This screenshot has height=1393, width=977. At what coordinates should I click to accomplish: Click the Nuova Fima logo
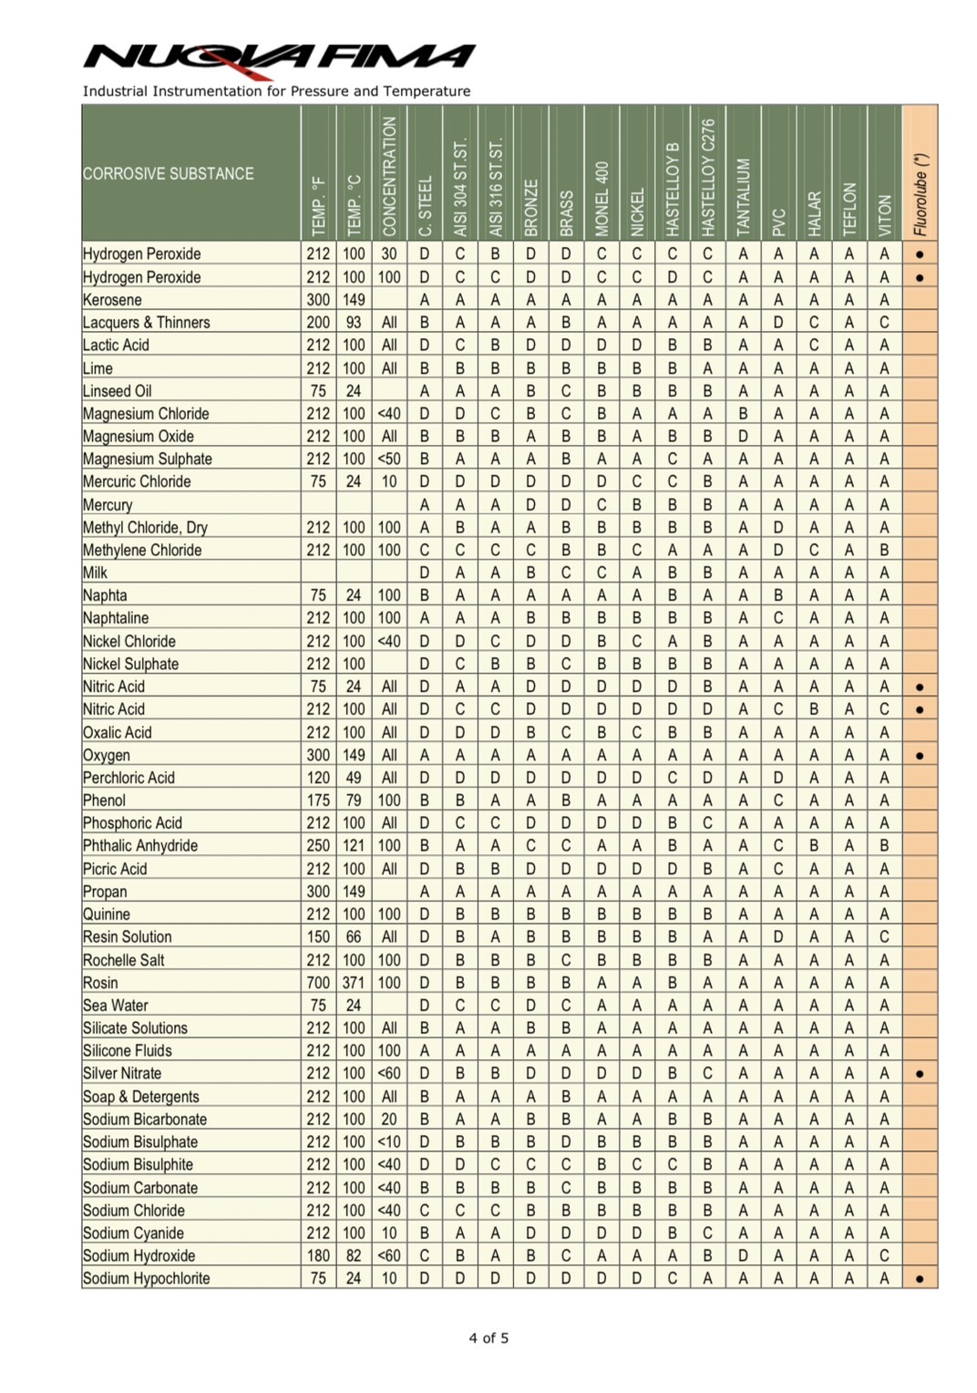[x=279, y=57]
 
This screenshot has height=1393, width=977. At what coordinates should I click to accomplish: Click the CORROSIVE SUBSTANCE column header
[x=169, y=173]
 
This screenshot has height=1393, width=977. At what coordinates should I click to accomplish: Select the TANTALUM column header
[x=744, y=194]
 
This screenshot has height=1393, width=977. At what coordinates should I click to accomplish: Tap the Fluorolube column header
[x=920, y=193]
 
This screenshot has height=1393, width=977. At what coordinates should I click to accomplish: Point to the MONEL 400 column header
[x=602, y=198]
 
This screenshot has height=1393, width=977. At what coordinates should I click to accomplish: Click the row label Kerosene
[x=112, y=300]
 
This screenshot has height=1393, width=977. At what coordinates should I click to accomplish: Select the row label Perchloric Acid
[x=129, y=778]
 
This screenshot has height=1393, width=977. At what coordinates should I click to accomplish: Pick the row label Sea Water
[x=115, y=1006]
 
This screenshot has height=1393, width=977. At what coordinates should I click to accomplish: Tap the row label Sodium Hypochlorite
[x=146, y=1278]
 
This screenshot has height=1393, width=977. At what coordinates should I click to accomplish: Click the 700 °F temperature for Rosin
[x=318, y=983]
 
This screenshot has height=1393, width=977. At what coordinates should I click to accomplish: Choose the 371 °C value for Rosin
[x=354, y=983]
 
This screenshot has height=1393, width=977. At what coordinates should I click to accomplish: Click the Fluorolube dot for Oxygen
[x=920, y=756]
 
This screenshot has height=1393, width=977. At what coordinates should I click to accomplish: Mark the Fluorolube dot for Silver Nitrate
[x=920, y=1074]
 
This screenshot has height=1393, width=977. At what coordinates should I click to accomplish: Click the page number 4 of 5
[x=488, y=1338]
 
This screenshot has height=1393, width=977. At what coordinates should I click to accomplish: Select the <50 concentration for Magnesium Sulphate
[x=389, y=459]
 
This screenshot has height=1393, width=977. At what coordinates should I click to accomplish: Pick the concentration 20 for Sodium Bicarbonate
[x=389, y=1120]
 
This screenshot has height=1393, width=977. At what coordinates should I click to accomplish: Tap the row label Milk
[x=95, y=573]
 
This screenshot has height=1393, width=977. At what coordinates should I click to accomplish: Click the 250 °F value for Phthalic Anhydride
[x=318, y=846]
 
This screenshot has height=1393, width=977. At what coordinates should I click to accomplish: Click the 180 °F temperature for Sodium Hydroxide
[x=318, y=1255]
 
